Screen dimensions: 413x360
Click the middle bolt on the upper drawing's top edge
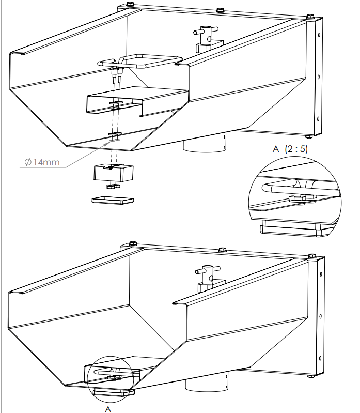click(x=220, y=10)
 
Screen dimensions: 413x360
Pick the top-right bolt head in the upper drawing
click(x=310, y=16)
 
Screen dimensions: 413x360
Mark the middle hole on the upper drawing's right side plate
click(x=318, y=77)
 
